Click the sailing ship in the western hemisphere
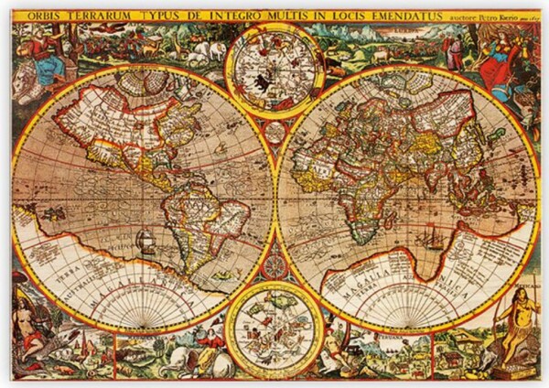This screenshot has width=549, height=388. pyautogui.click(x=143, y=242)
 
